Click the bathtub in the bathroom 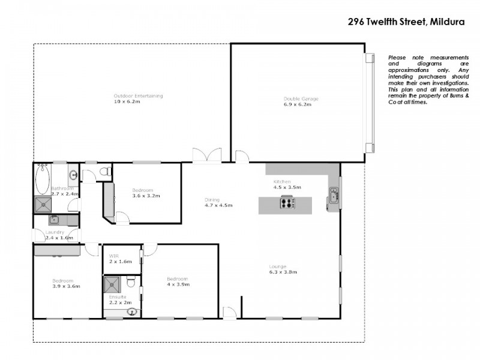pos(42,179)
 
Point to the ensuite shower pos(113,284)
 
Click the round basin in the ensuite pos(132,311)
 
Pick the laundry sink pos(53,220)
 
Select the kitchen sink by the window pos(334,196)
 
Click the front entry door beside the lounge pos(229,312)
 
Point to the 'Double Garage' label pos(301,98)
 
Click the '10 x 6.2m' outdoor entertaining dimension pos(127,102)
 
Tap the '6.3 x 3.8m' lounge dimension pos(283,272)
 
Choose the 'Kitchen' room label pos(282,181)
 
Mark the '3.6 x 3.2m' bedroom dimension pos(143,196)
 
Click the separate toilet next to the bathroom pos(103,172)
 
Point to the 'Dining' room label pos(212,200)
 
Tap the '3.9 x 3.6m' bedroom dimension pos(67,287)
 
